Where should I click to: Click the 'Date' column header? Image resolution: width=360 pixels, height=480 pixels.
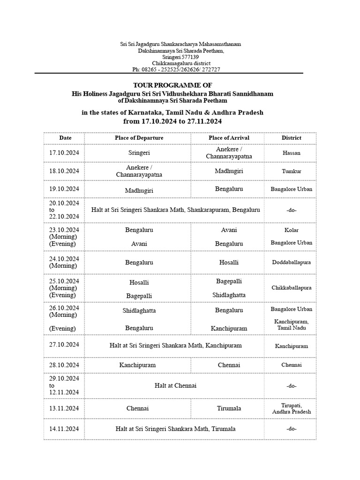pyautogui.click(x=65, y=138)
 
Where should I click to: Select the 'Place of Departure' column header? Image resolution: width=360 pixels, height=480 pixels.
pyautogui.click(x=139, y=138)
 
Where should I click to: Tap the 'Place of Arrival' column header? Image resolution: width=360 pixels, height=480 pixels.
pyautogui.click(x=229, y=138)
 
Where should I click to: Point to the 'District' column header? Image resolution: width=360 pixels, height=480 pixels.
pyautogui.click(x=291, y=138)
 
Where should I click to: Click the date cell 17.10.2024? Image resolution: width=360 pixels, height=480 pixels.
pyautogui.click(x=64, y=153)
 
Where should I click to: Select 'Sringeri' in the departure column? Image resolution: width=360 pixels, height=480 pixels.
pyautogui.click(x=139, y=153)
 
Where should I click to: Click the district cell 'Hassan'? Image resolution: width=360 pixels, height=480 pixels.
pyautogui.click(x=291, y=153)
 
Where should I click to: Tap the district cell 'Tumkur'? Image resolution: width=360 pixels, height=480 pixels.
pyautogui.click(x=291, y=171)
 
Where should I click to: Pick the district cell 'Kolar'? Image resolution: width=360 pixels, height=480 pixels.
pyautogui.click(x=291, y=230)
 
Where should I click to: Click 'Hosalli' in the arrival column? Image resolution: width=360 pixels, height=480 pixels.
pyautogui.click(x=229, y=262)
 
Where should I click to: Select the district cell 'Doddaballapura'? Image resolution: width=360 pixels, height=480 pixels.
pyautogui.click(x=291, y=262)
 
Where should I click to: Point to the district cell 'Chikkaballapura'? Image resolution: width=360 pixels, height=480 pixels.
pyautogui.click(x=291, y=288)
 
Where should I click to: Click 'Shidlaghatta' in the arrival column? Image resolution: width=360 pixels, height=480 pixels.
pyautogui.click(x=229, y=295)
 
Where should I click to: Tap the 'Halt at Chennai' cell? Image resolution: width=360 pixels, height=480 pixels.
pyautogui.click(x=175, y=385)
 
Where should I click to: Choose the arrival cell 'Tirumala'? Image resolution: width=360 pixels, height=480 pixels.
pyautogui.click(x=229, y=408)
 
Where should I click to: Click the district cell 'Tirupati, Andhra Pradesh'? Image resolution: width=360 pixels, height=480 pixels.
pyautogui.click(x=291, y=408)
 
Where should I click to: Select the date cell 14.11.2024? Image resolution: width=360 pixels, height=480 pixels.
pyautogui.click(x=64, y=429)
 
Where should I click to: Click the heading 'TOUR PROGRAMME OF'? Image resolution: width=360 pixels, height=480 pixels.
pyautogui.click(x=172, y=85)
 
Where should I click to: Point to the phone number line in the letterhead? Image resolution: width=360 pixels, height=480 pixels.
pyautogui.click(x=176, y=69)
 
